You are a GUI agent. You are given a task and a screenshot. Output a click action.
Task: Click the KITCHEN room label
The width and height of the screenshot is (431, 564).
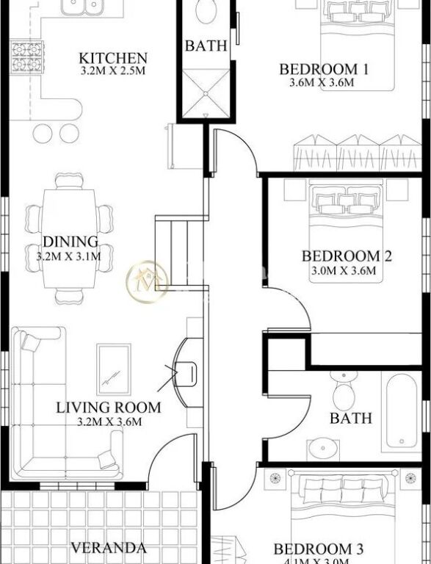click(x=113, y=57)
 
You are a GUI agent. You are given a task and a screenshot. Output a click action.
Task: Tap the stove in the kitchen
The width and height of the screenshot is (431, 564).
click(x=23, y=55)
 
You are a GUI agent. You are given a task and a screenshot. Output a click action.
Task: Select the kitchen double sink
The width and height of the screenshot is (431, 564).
click(x=83, y=8)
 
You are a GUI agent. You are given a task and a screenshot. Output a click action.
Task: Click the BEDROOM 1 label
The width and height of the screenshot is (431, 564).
click(x=323, y=70)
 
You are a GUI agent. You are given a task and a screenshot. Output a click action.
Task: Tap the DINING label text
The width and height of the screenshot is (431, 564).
click(x=70, y=242)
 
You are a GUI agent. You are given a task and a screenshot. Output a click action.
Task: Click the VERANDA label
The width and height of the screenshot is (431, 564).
click(x=108, y=548)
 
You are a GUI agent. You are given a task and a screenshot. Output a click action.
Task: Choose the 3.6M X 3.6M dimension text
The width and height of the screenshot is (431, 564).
click(x=322, y=83)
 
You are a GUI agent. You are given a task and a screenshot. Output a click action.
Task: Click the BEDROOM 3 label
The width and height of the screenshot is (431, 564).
click(x=319, y=549)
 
